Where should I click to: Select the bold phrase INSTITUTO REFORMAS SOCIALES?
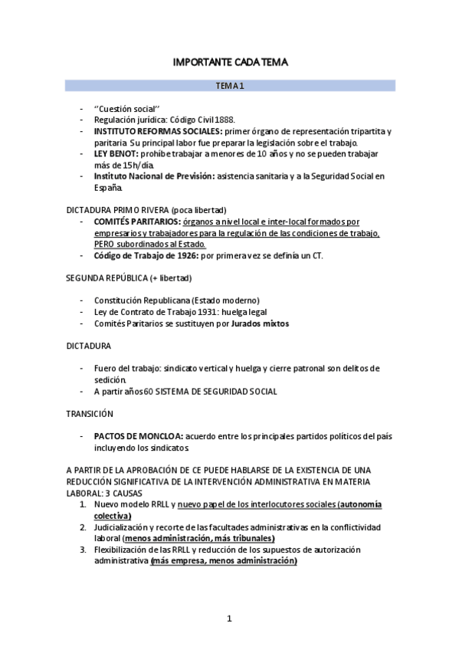pos(149,131)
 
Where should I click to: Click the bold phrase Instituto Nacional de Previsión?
pos(153,176)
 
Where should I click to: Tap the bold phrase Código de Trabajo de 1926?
pos(145,254)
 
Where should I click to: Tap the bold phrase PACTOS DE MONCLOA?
pos(137,436)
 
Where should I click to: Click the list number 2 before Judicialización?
pos(84,527)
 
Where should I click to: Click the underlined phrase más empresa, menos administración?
pos(224,561)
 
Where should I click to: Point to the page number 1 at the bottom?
pos(229,619)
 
